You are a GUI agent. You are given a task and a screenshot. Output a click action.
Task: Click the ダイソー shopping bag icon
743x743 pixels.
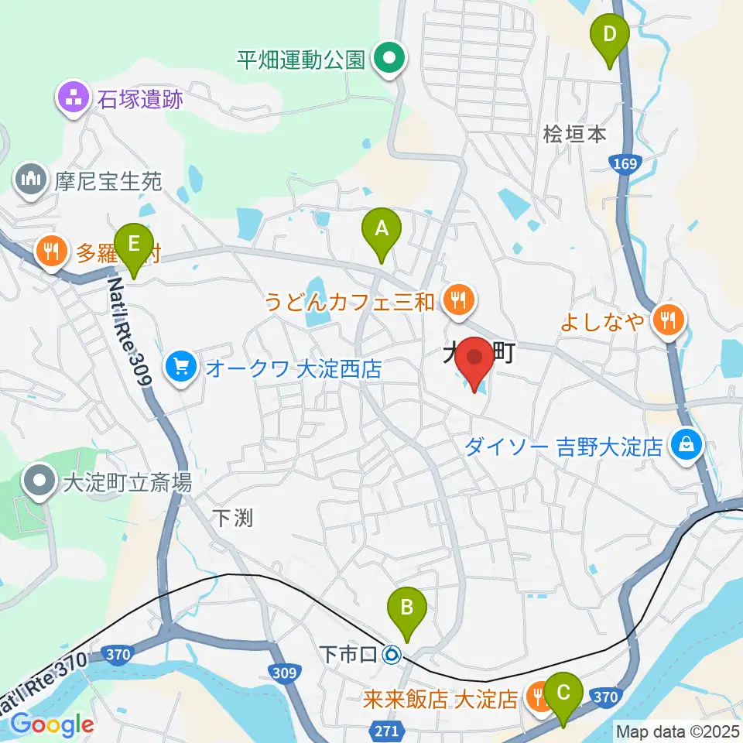click(686, 444)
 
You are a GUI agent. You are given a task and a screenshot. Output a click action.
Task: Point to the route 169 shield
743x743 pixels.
click(623, 163)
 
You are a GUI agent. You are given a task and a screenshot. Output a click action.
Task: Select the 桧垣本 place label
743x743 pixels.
click(574, 134)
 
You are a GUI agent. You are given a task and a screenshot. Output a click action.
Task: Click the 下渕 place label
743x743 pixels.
click(231, 518)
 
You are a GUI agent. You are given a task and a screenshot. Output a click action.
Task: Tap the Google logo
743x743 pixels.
click(52, 724)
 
